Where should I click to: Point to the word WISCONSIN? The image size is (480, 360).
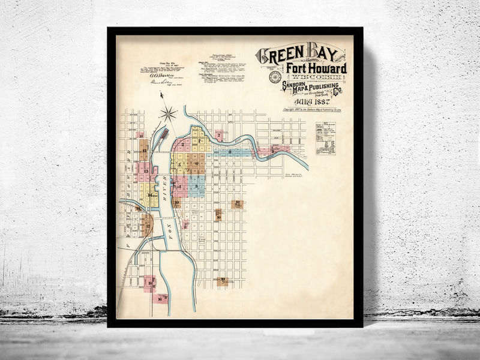[314, 77]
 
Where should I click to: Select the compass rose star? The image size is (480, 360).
[169, 112]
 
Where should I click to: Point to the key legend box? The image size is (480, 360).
[325, 139]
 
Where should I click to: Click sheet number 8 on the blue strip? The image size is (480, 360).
[230, 152]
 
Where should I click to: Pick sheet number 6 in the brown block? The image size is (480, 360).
[196, 163]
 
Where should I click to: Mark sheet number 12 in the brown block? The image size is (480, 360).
[144, 150]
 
